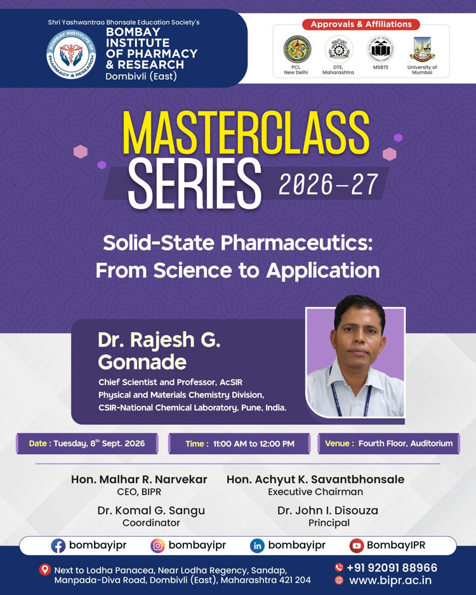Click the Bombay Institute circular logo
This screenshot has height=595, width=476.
click(x=71, y=55)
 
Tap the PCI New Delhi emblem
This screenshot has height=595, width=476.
click(x=297, y=49)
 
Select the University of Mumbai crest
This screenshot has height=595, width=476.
click(x=421, y=49)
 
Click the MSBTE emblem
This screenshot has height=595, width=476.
click(x=380, y=49)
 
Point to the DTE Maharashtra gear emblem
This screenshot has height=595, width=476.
click(x=338, y=49)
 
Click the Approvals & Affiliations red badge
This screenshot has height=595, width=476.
click(x=361, y=24)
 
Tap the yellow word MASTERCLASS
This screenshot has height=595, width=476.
click(x=246, y=133)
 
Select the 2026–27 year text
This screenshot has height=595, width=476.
click(x=328, y=185)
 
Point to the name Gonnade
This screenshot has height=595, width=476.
click(x=142, y=362)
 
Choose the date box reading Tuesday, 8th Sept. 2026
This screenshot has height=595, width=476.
click(x=87, y=443)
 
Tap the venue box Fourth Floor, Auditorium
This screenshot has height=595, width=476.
click(x=388, y=443)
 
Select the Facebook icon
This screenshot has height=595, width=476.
click(x=58, y=546)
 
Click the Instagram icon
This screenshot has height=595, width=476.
click(x=157, y=546)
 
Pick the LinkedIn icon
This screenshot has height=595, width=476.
click(x=257, y=546)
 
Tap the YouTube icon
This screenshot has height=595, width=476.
click(x=357, y=546)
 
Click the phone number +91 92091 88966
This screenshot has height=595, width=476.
click(x=392, y=568)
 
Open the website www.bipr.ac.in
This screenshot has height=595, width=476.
click(x=390, y=580)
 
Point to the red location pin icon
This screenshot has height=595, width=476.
click(x=45, y=570)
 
